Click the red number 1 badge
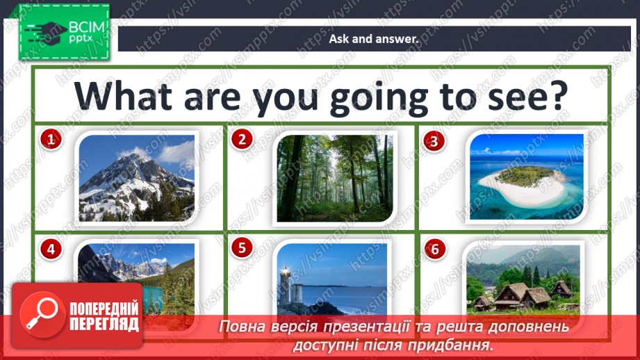coord(51,140)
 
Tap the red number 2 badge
coord(242,139)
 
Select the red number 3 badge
coord(434,141)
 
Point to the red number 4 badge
coord(51,249)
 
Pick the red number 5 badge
coord(242,247)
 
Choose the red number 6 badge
coord(435,249)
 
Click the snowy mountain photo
coord(137,178)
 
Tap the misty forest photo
coord(335,178)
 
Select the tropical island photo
coord(527,177)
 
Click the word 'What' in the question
coord(123,97)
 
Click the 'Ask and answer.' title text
coord(374,39)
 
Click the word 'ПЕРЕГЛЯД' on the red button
coord(104,324)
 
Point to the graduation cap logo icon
coord(46,32)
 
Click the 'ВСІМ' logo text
coord(87,27)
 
